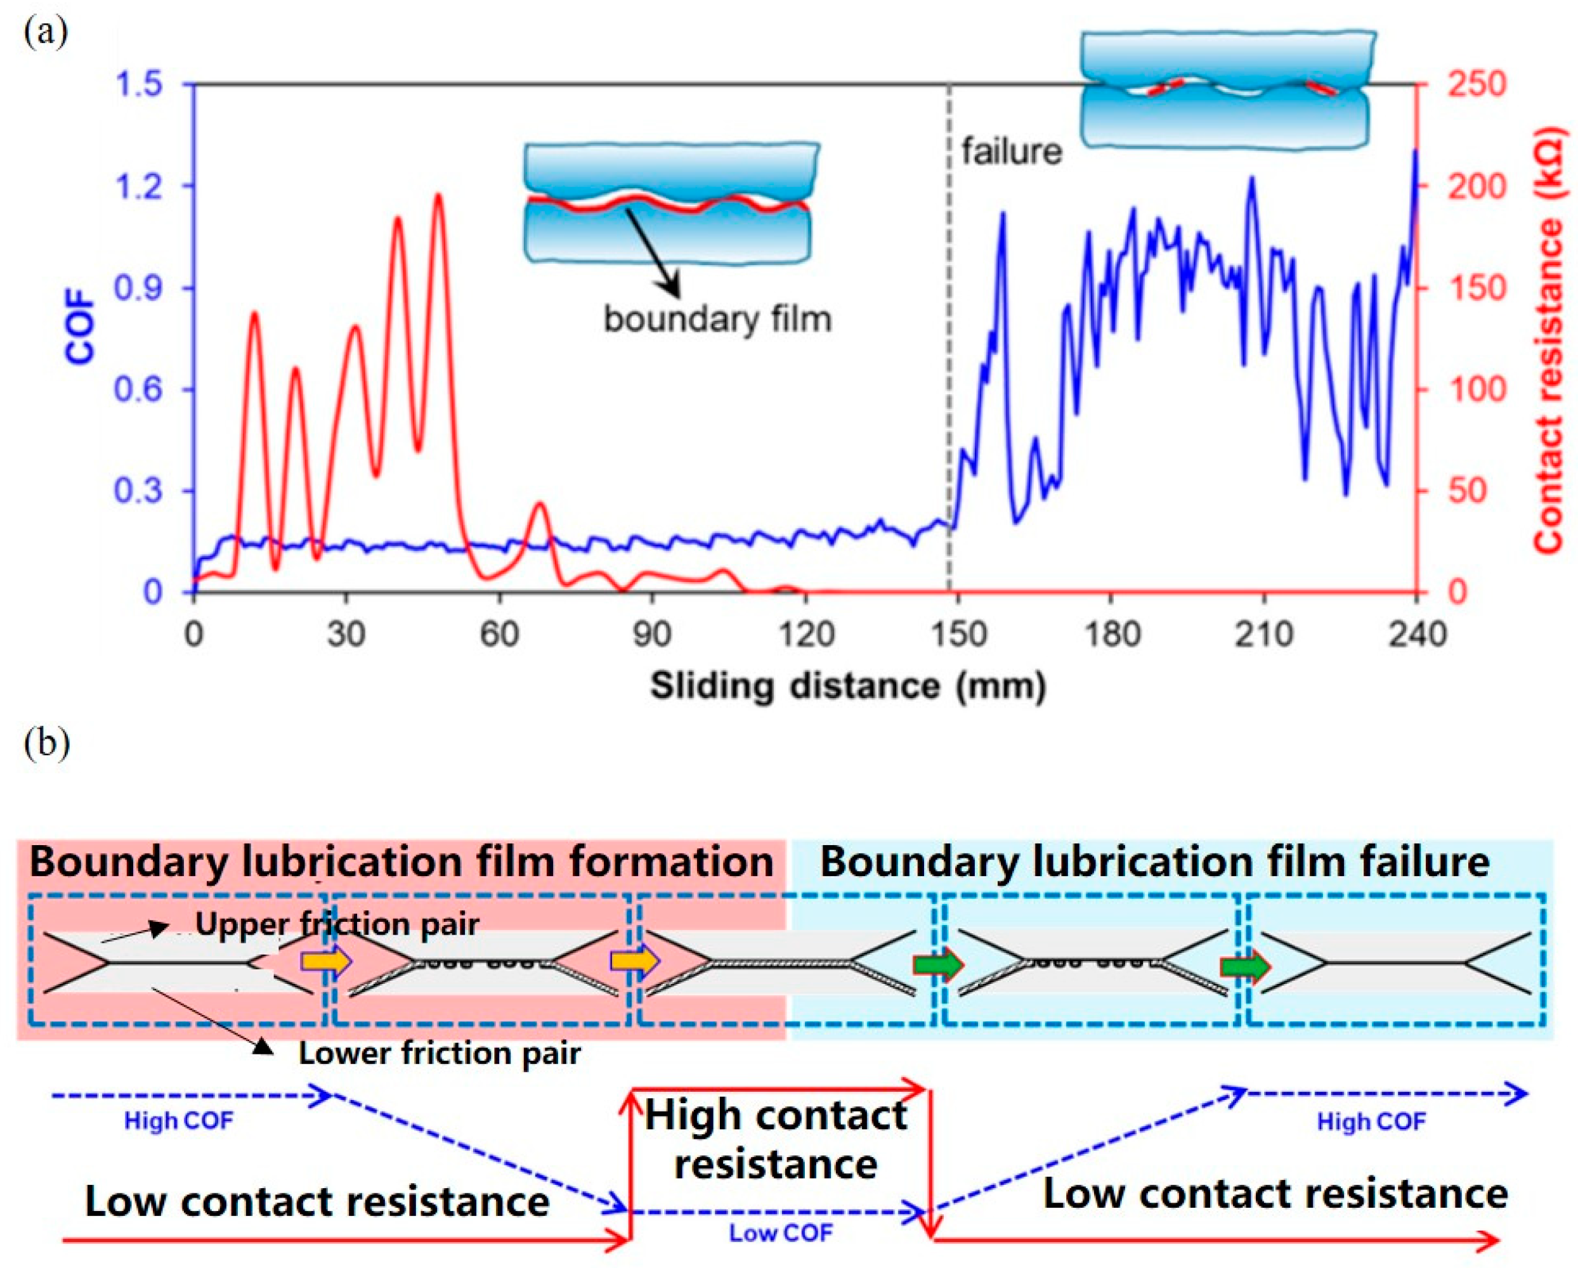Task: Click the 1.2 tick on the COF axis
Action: tap(140, 186)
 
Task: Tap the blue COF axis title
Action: tap(81, 327)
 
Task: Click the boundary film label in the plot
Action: tap(717, 320)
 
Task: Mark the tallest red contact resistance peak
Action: tap(438, 196)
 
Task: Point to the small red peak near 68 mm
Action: tap(539, 504)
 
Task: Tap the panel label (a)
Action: tap(46, 32)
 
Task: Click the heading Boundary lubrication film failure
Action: tap(1155, 861)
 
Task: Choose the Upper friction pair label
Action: tap(337, 924)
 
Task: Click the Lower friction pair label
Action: tap(439, 1054)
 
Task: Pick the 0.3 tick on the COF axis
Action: tap(138, 490)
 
